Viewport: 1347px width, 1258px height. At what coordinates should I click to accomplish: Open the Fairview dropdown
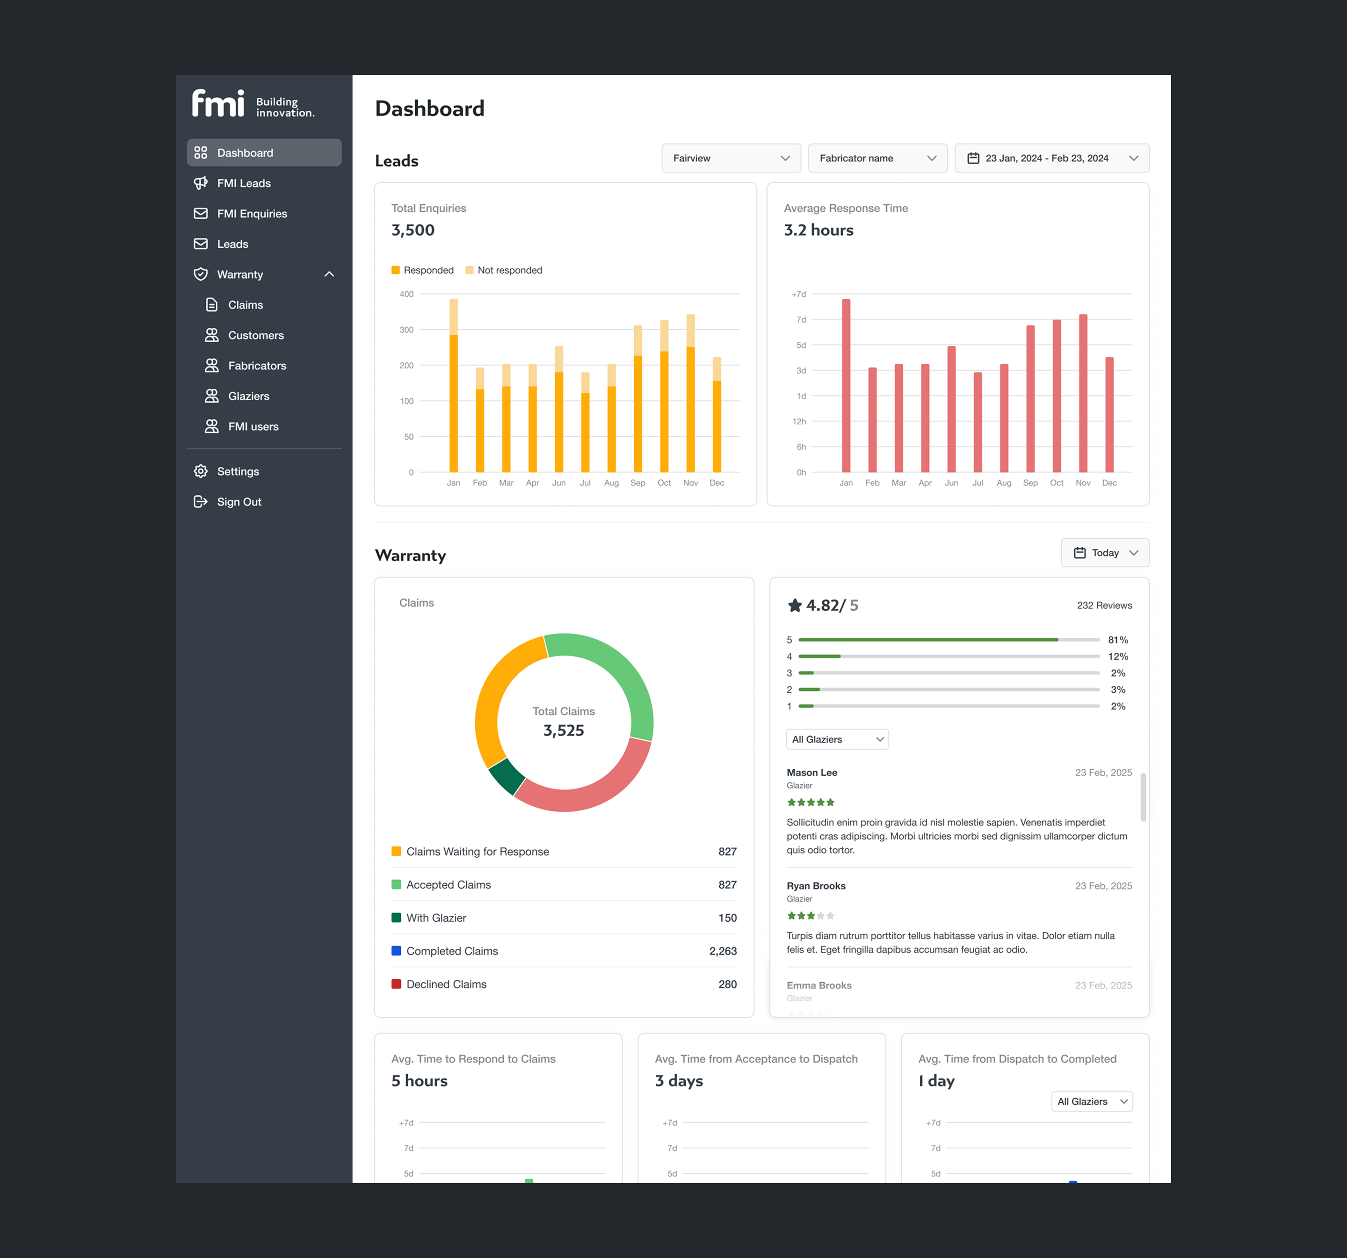tap(731, 158)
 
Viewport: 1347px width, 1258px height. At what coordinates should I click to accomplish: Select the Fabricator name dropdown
tap(877, 158)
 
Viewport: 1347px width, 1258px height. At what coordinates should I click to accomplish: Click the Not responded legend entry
tap(509, 270)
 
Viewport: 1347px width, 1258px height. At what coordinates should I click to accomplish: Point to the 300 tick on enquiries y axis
tap(406, 330)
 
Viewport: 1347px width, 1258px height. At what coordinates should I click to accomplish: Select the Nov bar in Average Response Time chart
tap(1083, 393)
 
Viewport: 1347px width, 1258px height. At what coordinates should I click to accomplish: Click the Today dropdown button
tap(1104, 553)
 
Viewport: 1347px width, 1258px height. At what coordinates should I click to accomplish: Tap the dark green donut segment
tap(506, 776)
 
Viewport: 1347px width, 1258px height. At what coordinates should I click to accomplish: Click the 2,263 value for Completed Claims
tap(722, 951)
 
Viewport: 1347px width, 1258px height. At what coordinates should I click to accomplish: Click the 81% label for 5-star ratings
tap(1117, 639)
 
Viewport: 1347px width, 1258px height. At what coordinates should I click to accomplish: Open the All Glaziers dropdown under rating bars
tap(837, 739)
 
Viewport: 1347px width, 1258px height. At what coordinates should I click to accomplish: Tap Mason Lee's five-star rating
tap(811, 802)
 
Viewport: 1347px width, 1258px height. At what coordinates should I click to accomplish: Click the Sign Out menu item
tap(239, 502)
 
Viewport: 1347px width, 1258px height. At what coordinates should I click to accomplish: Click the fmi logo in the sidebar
tap(218, 104)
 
